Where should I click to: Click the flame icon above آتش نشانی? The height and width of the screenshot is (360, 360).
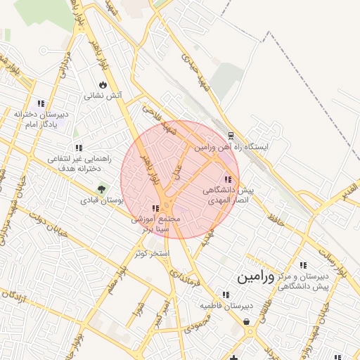(103, 84)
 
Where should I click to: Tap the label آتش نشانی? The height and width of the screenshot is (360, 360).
(103, 95)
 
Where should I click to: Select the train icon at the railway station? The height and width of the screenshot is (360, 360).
(231, 136)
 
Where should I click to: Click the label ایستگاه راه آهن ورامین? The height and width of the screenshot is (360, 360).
(232, 148)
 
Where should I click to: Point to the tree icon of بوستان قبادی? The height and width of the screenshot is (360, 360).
(101, 189)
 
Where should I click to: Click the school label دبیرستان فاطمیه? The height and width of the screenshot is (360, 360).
(226, 306)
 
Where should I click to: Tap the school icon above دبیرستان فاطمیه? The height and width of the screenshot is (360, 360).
(226, 295)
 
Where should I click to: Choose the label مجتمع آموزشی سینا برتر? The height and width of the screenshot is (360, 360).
(155, 224)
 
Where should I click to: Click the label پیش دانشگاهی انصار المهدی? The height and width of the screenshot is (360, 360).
(227, 195)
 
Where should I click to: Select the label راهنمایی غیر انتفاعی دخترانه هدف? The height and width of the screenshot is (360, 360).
(79, 164)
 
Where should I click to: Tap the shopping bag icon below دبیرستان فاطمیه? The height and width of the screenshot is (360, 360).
(247, 322)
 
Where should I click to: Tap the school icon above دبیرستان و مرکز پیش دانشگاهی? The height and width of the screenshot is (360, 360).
(303, 266)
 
